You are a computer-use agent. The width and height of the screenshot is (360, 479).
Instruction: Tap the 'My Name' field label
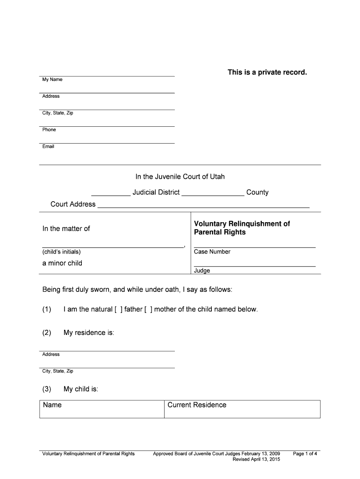tap(52, 80)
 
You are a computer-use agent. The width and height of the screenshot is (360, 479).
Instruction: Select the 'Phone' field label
tap(49, 130)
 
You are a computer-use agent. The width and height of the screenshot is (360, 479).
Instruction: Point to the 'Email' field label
tap(48, 146)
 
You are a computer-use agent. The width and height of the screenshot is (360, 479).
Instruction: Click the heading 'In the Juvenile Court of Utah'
tap(180, 177)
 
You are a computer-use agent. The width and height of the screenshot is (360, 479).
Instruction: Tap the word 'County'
tap(257, 192)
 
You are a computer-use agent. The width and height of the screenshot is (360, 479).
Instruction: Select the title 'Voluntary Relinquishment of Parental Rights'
tap(242, 228)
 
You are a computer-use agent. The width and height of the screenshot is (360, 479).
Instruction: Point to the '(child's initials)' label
tap(61, 252)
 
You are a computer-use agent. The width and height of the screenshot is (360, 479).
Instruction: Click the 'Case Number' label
tap(212, 252)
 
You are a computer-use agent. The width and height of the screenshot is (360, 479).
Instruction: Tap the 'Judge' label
tap(202, 270)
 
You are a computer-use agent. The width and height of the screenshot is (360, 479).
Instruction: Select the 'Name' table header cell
tap(52, 405)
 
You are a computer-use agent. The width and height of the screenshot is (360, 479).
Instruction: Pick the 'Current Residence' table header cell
tap(196, 405)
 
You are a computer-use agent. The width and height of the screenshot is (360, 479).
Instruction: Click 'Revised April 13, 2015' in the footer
tap(256, 460)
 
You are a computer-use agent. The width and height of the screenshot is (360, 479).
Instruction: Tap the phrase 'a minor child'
tap(62, 263)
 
